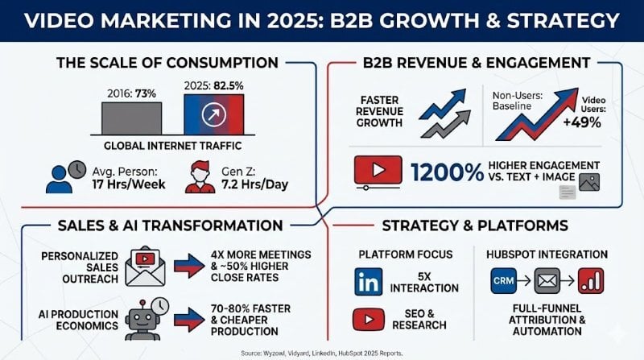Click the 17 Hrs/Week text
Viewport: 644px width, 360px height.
tap(131, 183)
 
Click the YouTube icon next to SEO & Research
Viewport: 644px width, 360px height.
tap(369, 319)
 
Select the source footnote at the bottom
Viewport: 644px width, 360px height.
tap(321, 352)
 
